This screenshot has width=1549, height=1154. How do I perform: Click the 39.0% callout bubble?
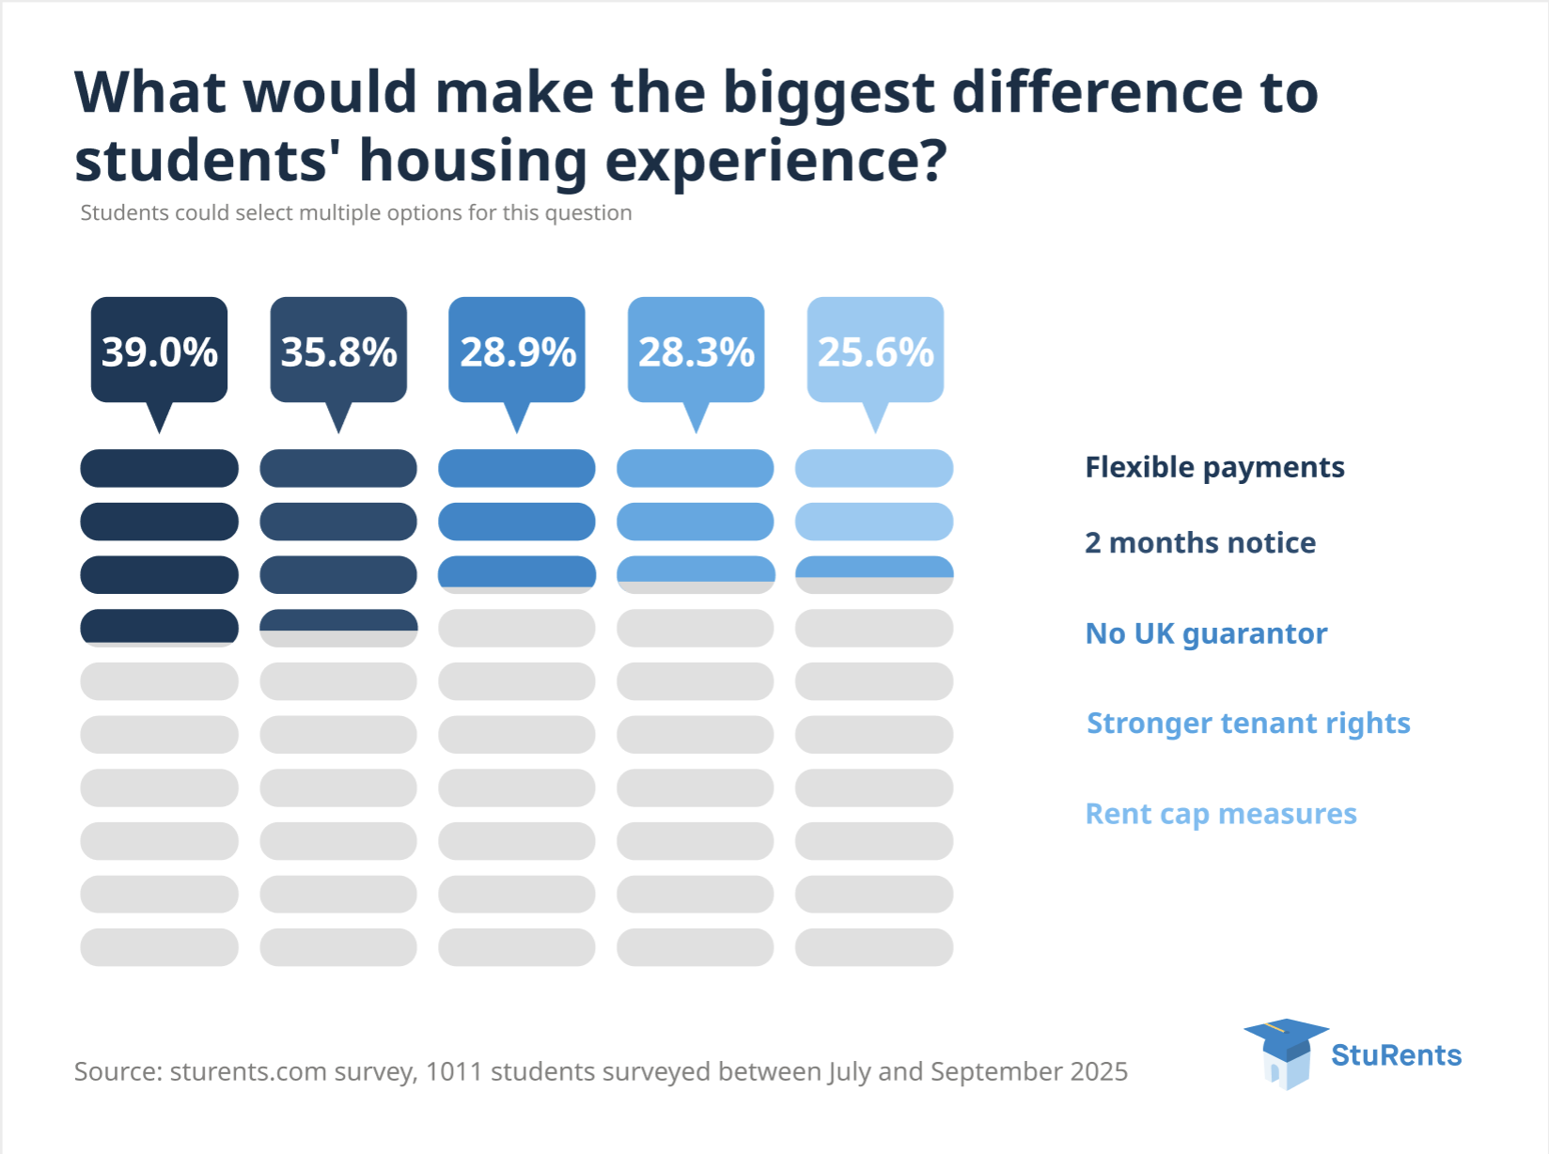159,351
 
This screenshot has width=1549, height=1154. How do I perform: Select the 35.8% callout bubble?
338,351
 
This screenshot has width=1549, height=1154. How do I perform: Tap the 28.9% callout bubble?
517,351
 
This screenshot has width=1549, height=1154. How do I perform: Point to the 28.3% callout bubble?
696,351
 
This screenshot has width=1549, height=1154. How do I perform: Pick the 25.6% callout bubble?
875,351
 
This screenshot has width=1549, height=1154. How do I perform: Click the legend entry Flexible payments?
1214,467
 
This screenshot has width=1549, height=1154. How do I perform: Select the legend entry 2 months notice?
1200,542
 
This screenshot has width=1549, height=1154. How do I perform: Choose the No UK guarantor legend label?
1206,633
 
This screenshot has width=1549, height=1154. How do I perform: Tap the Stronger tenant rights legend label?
1248,723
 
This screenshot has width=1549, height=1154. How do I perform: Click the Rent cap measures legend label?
1221,813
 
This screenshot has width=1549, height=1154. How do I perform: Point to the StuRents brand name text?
1396,1055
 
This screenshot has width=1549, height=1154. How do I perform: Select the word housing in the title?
473,162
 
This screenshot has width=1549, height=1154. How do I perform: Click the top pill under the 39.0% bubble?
159,468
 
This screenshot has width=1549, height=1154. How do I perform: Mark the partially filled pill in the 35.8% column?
338,628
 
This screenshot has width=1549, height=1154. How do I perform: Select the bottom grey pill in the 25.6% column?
874,947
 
